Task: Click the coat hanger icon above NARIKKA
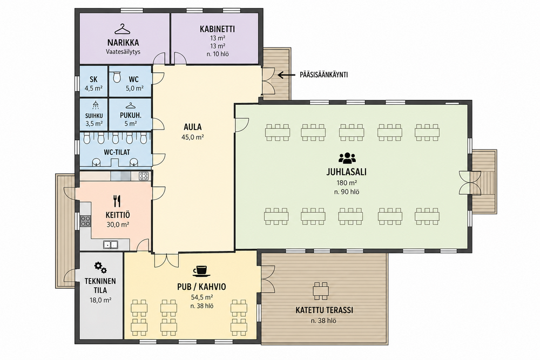pos(123,29)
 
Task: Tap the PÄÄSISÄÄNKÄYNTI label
pos(323,74)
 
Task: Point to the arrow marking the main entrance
pos(286,74)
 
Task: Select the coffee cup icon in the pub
pos(201,271)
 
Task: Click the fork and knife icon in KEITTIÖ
pos(117,201)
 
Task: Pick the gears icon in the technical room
pos(100,267)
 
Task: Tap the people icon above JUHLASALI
pos(347,158)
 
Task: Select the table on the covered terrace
pos(321,291)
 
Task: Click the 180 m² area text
pos(347,183)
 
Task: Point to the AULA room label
pos(193,127)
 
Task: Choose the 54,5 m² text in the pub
pos(202,297)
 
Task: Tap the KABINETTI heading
pos(217,29)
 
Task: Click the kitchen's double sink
pos(111,244)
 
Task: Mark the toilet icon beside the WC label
pos(117,77)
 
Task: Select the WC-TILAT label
pos(117,152)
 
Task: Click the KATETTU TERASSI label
pos(324,310)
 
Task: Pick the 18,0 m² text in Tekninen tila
pos(100,300)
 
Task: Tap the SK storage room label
pos(93,79)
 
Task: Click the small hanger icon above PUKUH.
pos(130,105)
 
